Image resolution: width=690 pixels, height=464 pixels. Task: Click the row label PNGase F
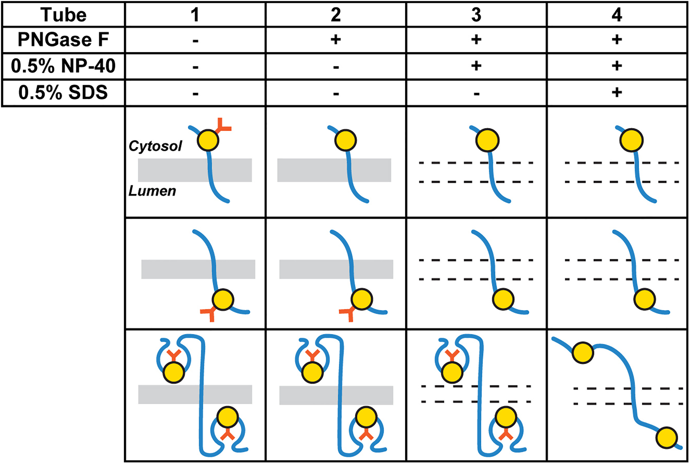63,40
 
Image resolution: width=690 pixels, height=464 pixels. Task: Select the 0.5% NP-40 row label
63,66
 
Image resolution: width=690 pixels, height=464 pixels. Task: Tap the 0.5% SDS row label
63,93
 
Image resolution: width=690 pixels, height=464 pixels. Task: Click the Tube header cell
63,15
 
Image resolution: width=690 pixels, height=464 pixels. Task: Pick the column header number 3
476,15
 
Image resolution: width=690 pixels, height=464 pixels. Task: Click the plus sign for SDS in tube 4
617,93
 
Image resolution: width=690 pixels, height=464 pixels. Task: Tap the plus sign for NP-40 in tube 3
476,66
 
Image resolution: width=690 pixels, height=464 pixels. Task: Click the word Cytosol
155,146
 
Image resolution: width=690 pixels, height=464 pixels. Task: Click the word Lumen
152,191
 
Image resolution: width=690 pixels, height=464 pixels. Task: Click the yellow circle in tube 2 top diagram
345,140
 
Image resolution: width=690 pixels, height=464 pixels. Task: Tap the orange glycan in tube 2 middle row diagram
348,313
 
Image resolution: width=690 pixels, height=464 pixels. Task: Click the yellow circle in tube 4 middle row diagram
644,299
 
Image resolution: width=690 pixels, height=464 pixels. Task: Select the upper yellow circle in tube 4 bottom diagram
583,353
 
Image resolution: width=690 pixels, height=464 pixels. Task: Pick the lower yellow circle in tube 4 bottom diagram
667,438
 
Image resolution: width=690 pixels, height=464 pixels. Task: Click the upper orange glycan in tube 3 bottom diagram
452,355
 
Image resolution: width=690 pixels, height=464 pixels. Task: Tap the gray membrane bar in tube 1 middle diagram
175,269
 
